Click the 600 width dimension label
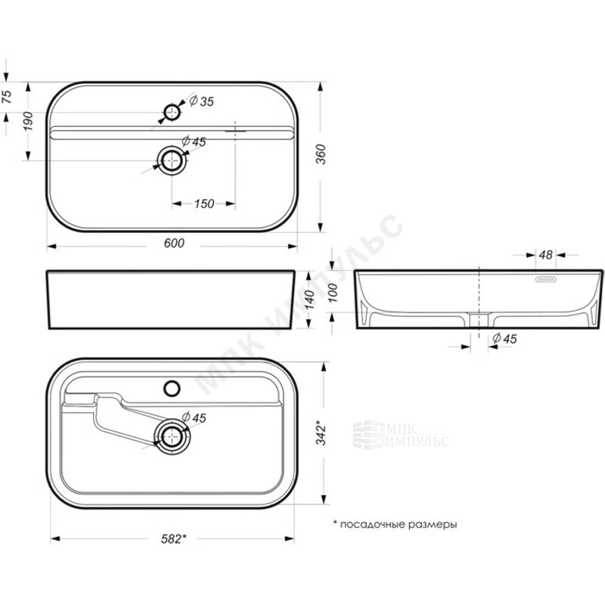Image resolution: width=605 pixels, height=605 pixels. click(174, 243)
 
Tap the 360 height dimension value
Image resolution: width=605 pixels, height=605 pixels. click(321, 154)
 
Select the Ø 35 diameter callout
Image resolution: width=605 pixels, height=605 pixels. click(201, 101)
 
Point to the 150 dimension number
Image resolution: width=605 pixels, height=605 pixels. click(203, 203)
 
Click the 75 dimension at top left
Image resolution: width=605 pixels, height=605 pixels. click(8, 97)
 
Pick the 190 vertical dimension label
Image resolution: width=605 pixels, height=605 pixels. click(28, 121)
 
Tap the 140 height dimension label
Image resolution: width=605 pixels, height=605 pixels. click(309, 299)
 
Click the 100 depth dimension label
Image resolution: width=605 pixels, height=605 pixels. click(332, 293)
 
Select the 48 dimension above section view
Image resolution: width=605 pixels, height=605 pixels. click(545, 255)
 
